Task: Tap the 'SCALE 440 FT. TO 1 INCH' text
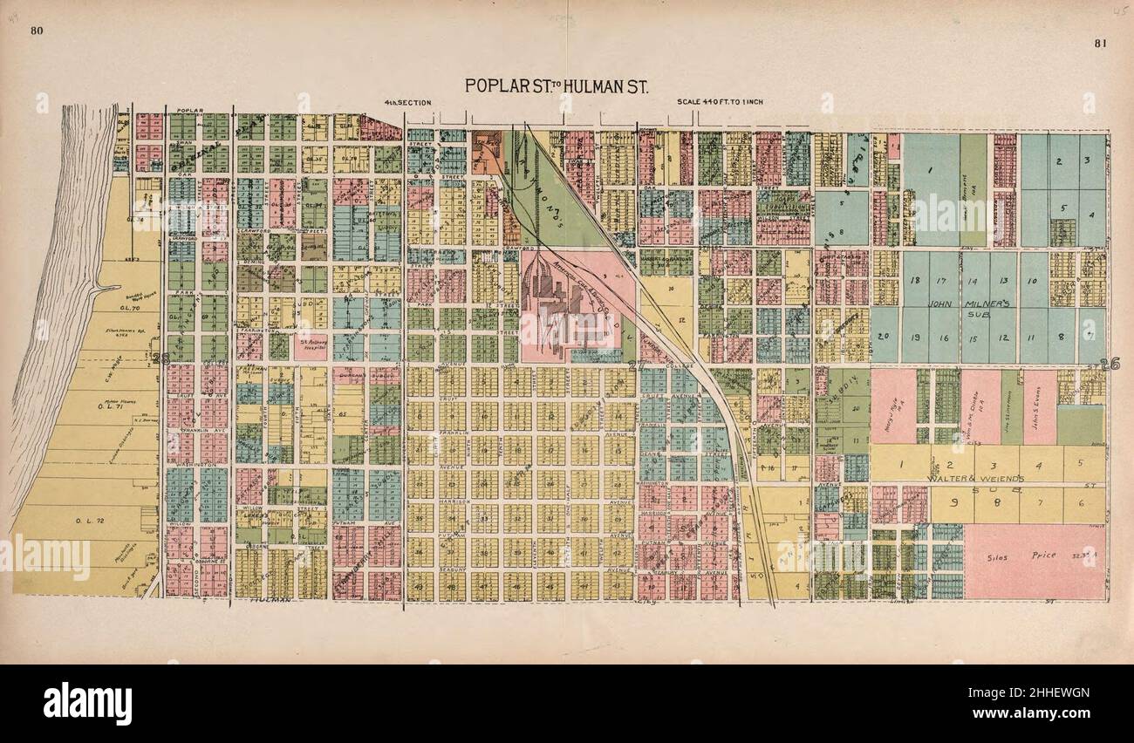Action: coord(720,102)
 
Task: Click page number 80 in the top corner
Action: coord(36,32)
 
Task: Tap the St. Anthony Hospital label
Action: coord(311,343)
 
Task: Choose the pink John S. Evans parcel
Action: coord(1039,406)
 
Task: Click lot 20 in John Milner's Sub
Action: coord(884,336)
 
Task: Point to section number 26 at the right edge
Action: coord(1109,365)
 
